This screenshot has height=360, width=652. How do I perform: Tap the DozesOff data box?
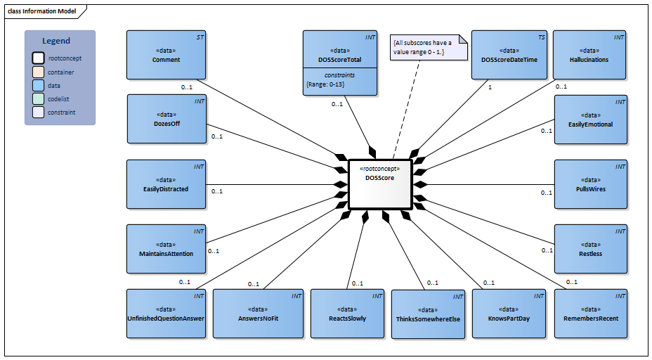[x=166, y=120]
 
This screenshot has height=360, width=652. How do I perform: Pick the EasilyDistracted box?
[x=166, y=184]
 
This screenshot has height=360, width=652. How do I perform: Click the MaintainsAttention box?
[x=166, y=249]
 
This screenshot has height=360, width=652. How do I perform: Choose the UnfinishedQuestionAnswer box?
[x=166, y=314]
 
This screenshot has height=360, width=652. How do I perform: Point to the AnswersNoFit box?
[x=251, y=314]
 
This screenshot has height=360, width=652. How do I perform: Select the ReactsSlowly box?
[x=347, y=314]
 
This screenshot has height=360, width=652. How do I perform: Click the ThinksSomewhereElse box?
[x=428, y=314]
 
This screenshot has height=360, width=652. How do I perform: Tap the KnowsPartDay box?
[x=509, y=314]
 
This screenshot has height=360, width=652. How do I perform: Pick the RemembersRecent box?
[x=590, y=314]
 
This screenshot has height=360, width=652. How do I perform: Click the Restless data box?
[x=590, y=249]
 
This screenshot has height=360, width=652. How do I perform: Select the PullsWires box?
[x=590, y=184]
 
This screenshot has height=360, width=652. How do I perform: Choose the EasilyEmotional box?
[x=590, y=120]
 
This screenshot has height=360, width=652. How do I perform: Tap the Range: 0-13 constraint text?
[x=325, y=84]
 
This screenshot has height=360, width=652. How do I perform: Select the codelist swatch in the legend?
[x=37, y=98]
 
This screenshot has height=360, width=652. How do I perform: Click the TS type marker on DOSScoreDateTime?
[x=541, y=37]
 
